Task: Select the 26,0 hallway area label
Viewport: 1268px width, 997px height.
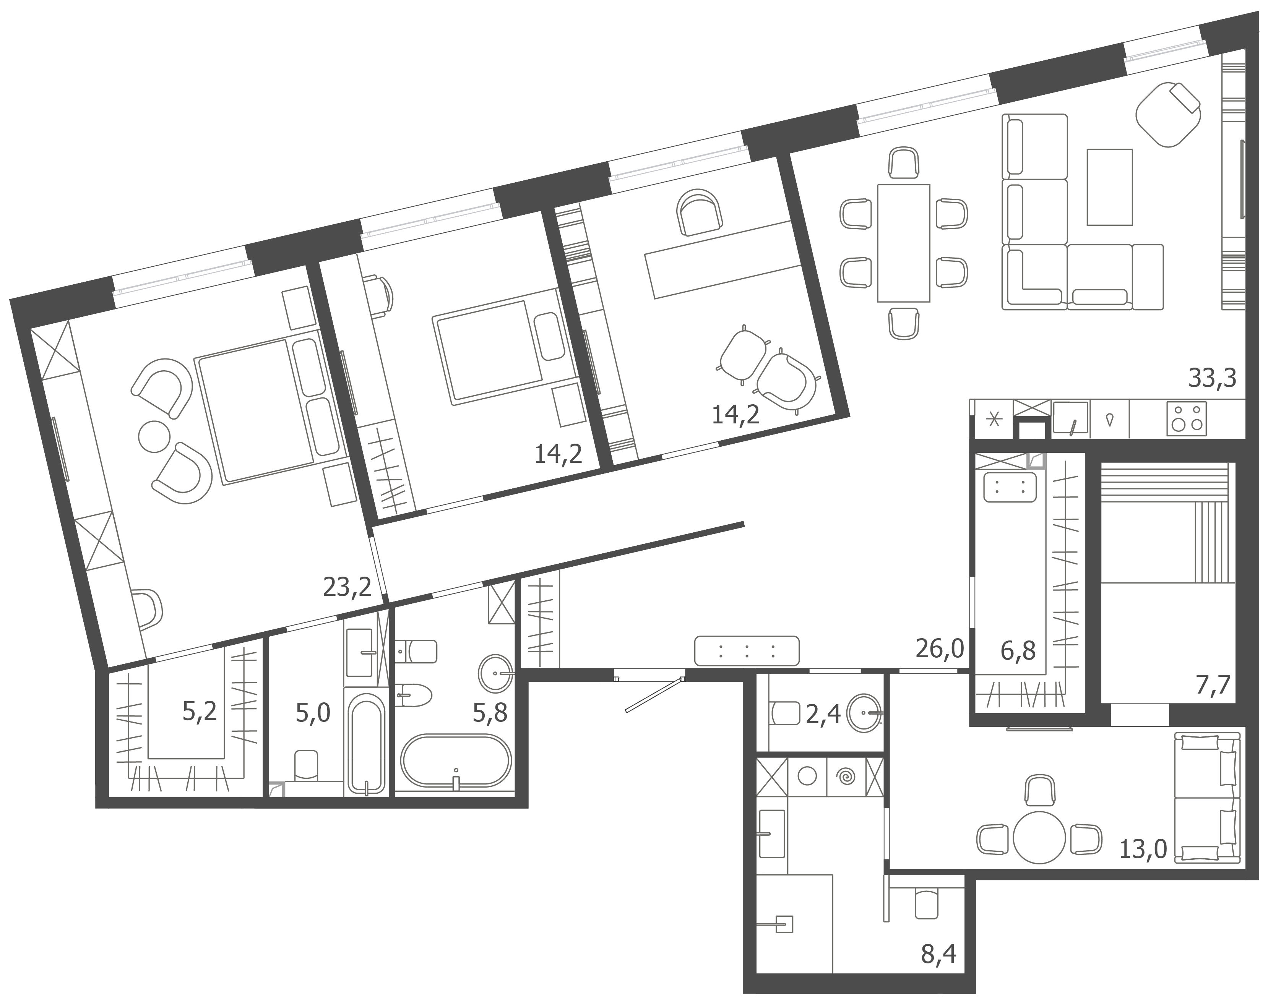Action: (x=939, y=648)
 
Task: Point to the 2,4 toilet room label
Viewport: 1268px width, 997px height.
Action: (x=823, y=715)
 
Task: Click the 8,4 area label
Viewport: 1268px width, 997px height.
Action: (x=939, y=954)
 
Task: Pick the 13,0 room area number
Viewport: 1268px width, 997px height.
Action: (x=1143, y=850)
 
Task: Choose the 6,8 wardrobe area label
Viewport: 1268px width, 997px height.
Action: (x=1018, y=650)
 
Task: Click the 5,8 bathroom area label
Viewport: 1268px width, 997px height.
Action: (x=490, y=713)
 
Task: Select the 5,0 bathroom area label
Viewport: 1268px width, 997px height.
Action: (x=313, y=713)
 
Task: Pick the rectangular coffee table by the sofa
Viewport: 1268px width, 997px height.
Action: (x=1109, y=187)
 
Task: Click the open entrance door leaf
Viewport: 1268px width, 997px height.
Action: (x=653, y=695)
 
